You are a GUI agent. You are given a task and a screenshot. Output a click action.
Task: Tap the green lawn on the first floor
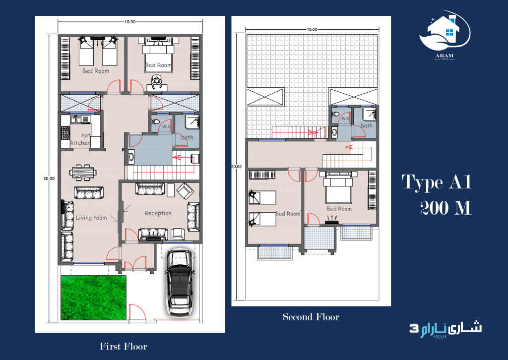click(93, 298)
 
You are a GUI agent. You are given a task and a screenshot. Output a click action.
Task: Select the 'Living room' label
click(91, 218)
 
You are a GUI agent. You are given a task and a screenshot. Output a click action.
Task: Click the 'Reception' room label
click(158, 213)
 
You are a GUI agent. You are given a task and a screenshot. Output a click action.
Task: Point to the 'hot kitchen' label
click(82, 139)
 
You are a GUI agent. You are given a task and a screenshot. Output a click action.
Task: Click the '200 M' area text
click(445, 207)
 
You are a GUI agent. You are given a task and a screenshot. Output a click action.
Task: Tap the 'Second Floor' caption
click(311, 317)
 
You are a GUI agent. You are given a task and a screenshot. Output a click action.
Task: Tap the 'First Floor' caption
click(124, 346)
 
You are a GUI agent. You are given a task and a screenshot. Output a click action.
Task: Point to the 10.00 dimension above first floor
click(130, 22)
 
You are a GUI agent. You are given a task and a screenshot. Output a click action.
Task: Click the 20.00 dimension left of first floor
click(49, 179)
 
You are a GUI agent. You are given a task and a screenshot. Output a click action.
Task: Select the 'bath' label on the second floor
click(367, 125)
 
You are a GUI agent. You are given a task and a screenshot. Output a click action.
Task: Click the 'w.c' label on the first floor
click(166, 126)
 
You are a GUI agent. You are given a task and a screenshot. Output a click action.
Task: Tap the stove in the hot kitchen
click(65, 132)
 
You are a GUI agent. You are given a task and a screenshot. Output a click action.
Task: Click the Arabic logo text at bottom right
click(445, 328)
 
